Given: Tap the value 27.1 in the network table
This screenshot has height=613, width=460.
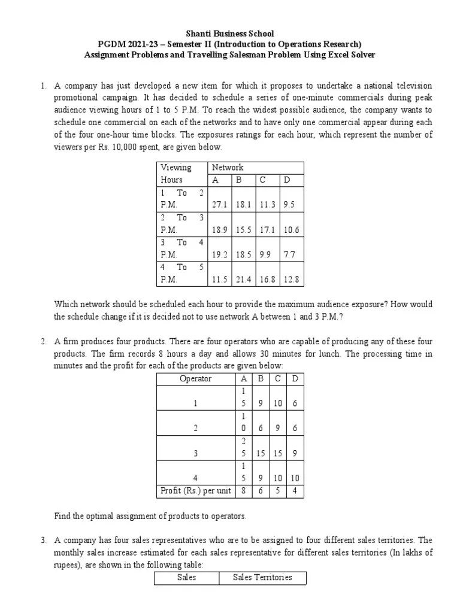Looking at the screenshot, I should pyautogui.click(x=219, y=204).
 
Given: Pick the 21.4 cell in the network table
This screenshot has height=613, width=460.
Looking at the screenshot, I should pyautogui.click(x=243, y=279).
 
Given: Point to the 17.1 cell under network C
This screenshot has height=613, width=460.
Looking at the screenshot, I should pyautogui.click(x=267, y=229).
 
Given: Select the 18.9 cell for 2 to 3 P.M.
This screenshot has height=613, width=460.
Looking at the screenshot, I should pyautogui.click(x=219, y=229).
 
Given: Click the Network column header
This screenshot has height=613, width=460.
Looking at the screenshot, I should pyautogui.click(x=228, y=168).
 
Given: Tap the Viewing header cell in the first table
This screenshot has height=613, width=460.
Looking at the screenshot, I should pyautogui.click(x=175, y=168).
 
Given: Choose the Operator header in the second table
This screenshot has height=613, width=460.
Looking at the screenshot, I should pyautogui.click(x=195, y=378).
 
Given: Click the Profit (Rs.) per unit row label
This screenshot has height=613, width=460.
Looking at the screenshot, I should pyautogui.click(x=195, y=491).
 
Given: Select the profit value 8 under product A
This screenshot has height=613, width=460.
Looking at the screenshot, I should pyautogui.click(x=243, y=491).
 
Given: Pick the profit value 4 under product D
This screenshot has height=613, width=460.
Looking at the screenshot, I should pyautogui.click(x=294, y=491).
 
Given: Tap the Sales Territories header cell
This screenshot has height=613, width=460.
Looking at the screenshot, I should pyautogui.click(x=262, y=577).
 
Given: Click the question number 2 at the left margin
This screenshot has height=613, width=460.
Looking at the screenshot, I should pyautogui.click(x=43, y=342).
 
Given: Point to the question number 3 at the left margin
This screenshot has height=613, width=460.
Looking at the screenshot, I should pyautogui.click(x=43, y=540).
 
